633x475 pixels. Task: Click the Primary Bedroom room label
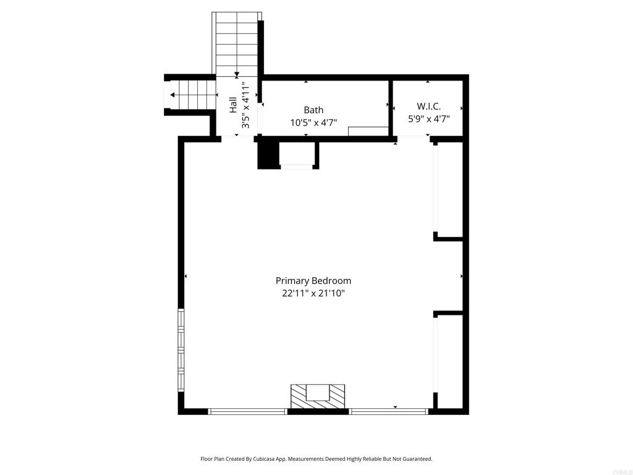pos(313,281)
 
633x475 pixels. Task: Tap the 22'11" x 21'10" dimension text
pos(313,294)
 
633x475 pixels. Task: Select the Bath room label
pos(313,110)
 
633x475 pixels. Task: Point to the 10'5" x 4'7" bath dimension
pos(313,122)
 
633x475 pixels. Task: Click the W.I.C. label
pos(428,106)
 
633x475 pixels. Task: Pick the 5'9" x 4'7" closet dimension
pos(428,119)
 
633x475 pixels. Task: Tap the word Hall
pos(233,104)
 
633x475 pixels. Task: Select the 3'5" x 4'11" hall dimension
pos(245,104)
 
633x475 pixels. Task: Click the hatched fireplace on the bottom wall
pos(318,396)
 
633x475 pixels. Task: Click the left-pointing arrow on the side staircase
pos(172,95)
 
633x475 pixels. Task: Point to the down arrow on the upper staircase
pos(237,75)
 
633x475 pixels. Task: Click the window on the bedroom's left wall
pos(181,349)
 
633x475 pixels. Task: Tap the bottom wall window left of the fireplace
pos(248,411)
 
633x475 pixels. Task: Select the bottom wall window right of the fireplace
pos(389,411)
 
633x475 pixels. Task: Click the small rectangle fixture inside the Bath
pos(368,131)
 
